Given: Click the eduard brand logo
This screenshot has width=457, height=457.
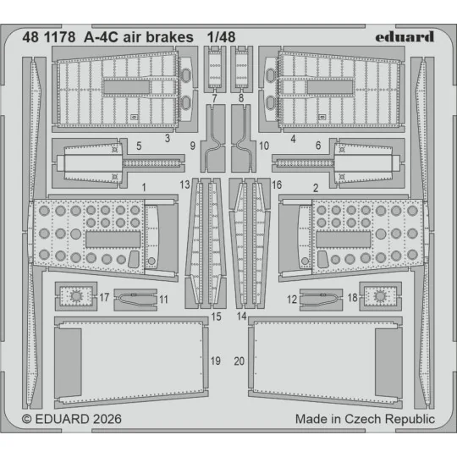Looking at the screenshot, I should pyautogui.click(x=403, y=36).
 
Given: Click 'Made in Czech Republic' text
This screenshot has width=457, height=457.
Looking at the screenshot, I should pyautogui.click(x=365, y=419).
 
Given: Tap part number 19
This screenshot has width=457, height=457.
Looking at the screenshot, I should pyautogui.click(x=215, y=361).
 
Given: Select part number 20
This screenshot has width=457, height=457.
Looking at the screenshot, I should pyautogui.click(x=240, y=361).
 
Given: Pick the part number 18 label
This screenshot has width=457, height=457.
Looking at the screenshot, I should pyautogui.click(x=352, y=298).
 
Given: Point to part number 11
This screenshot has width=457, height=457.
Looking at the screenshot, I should pyautogui.click(x=163, y=300).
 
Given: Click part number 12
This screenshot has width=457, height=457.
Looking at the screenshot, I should pyautogui.click(x=291, y=300).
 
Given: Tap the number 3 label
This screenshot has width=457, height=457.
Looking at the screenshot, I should pyautogui.click(x=168, y=137).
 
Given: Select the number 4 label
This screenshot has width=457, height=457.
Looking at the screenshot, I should pyautogui.click(x=292, y=137).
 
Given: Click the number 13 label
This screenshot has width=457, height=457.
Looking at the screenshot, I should pyautogui.click(x=184, y=184).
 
